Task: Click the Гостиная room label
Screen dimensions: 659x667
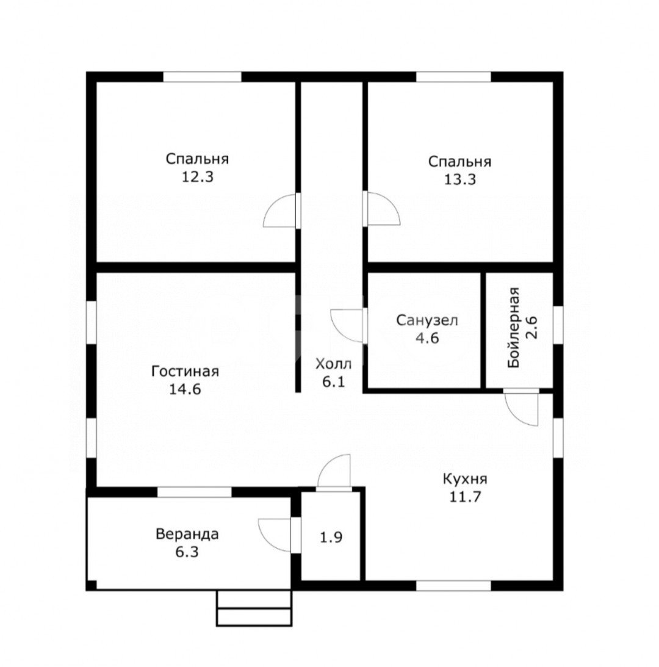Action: [x=185, y=372]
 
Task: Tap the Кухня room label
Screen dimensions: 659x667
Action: [x=465, y=480]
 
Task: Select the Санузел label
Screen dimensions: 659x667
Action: [x=427, y=320]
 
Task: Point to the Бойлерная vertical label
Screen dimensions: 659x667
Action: [x=514, y=328]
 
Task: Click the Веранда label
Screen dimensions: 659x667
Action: [x=187, y=534]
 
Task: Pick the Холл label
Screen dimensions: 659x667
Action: [x=334, y=364]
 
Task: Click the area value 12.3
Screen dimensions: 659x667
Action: [x=198, y=176]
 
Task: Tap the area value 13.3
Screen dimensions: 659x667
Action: [x=460, y=179]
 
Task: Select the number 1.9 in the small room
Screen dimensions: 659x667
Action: [x=331, y=537]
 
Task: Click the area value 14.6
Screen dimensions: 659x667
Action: [x=185, y=389]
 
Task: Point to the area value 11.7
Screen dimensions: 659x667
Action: [x=465, y=497]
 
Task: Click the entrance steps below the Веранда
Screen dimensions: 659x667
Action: [x=254, y=608]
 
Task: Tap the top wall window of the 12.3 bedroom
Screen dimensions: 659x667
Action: [x=203, y=77]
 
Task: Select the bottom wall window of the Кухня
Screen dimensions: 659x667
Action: [x=453, y=585]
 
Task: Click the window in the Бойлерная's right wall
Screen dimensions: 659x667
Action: [x=558, y=325]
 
